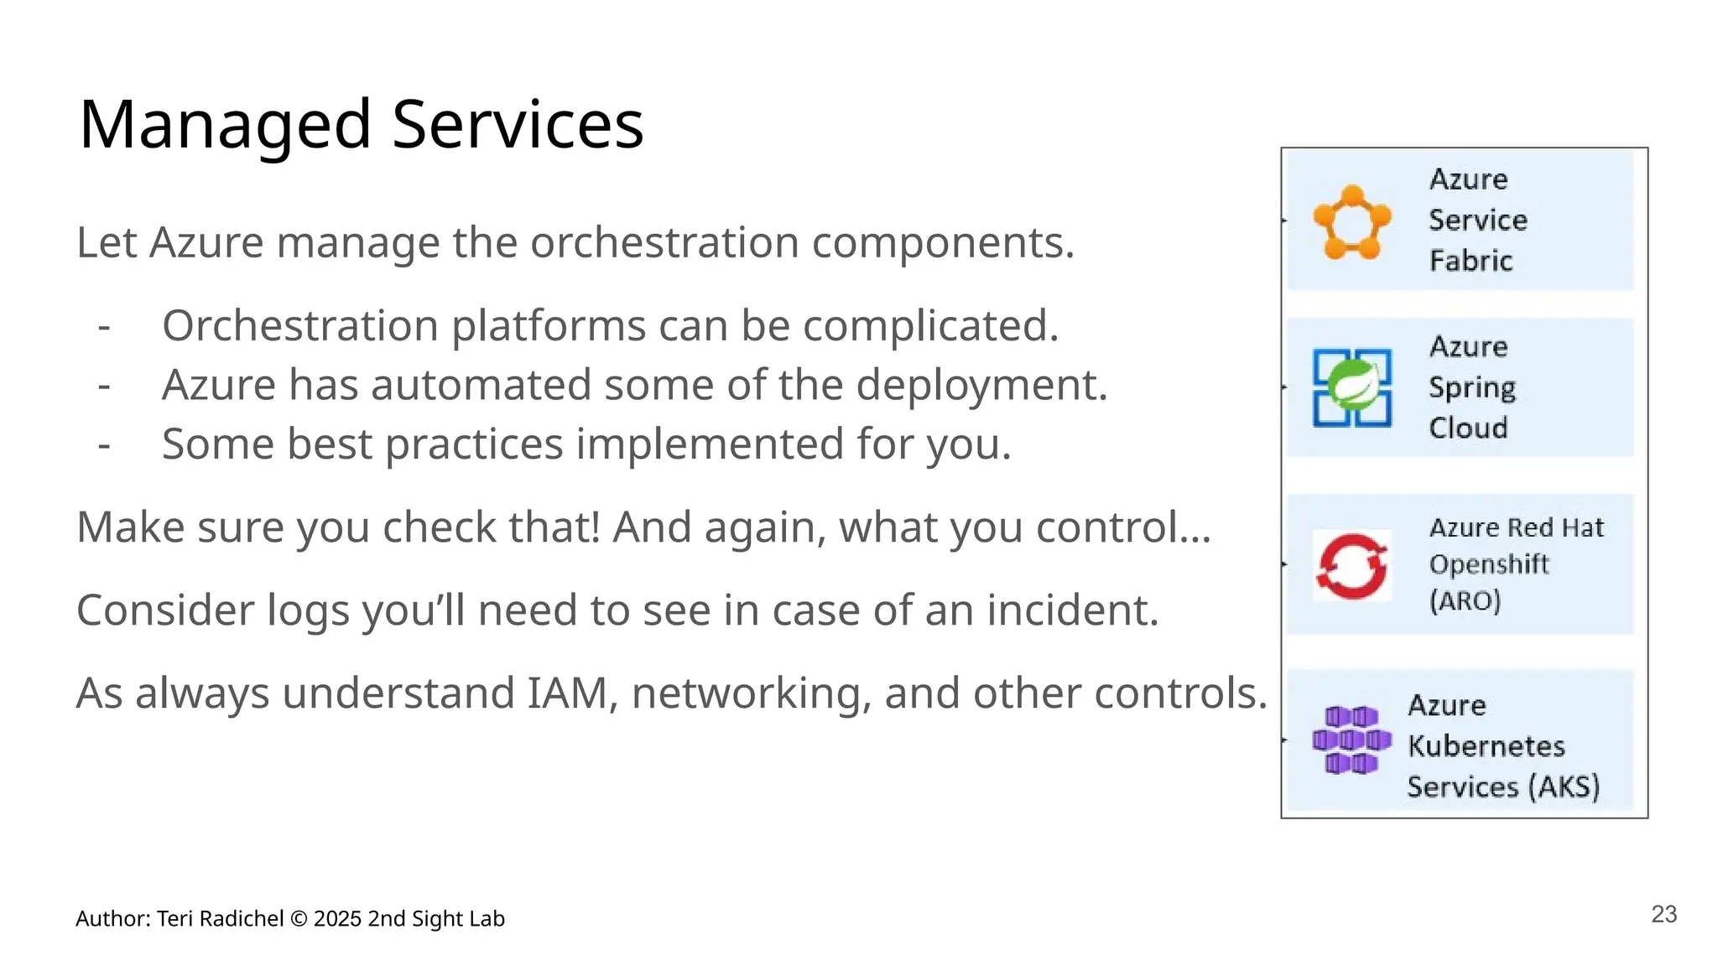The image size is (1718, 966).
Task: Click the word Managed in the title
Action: click(225, 126)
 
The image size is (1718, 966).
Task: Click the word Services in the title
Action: click(517, 124)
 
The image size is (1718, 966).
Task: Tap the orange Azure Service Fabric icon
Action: click(1351, 222)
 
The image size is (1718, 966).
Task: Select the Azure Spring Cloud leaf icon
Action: click(1352, 388)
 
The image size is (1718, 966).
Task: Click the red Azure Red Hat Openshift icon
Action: click(1351, 566)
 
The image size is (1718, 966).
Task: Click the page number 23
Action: click(1663, 914)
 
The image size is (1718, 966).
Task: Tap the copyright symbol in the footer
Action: click(298, 919)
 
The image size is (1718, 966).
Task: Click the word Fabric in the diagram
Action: click(1471, 261)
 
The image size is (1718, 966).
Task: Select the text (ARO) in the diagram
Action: click(1465, 601)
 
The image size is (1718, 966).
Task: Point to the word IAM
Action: click(567, 693)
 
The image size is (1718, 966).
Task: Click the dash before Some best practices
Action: click(104, 444)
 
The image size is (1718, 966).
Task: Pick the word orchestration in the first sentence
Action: click(664, 243)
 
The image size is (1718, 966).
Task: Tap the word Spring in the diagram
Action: click(1472, 387)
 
